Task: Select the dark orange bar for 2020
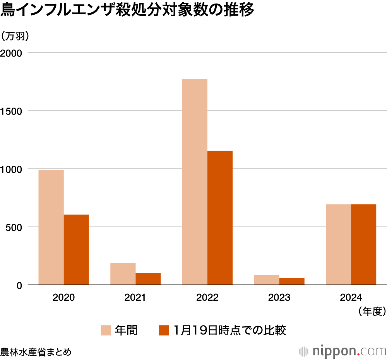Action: (76, 250)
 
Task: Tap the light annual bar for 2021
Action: (123, 274)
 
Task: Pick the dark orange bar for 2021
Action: (148, 279)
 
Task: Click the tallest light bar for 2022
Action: (195, 182)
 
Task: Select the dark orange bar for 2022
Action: (220, 218)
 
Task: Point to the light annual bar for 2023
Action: (267, 279)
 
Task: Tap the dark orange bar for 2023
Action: (292, 281)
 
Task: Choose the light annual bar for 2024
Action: (338, 245)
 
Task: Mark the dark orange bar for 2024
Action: (363, 245)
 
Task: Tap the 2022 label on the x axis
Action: (207, 298)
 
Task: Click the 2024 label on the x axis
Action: (351, 298)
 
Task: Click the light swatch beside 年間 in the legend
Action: (106, 330)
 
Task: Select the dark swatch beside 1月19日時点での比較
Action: (164, 330)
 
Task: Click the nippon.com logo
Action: (342, 351)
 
